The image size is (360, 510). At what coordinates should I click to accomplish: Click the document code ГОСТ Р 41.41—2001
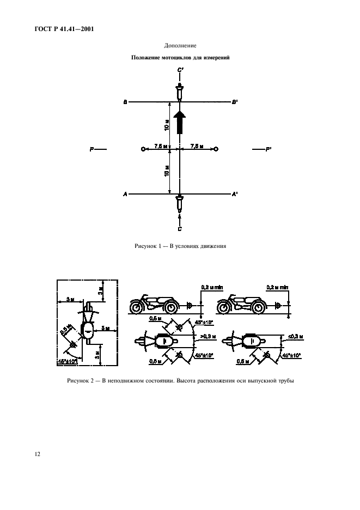64,29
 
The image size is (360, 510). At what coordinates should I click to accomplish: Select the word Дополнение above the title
180,46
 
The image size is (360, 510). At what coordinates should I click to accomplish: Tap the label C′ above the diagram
180,70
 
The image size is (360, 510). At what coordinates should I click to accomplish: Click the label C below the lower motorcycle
180,229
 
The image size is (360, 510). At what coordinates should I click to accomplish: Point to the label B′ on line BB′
235,102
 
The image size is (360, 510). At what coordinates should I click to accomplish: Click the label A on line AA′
125,194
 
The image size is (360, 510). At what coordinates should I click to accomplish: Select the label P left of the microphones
92,149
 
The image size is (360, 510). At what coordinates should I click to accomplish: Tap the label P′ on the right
269,149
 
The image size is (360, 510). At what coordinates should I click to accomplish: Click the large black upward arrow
180,122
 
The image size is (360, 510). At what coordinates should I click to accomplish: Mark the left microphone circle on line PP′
143,149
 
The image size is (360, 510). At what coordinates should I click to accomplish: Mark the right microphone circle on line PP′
216,149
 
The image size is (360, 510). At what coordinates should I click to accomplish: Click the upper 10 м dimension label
167,125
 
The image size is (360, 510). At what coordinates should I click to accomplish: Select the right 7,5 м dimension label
197,146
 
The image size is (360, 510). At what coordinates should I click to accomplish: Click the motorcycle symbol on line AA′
180,202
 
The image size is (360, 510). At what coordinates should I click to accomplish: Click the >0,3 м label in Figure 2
209,336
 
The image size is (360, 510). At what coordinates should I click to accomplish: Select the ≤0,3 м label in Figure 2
296,337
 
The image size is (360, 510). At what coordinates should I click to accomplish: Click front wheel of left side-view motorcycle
136,307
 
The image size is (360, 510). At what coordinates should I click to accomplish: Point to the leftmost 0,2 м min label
212,288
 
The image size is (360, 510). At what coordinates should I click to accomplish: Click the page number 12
38,454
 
